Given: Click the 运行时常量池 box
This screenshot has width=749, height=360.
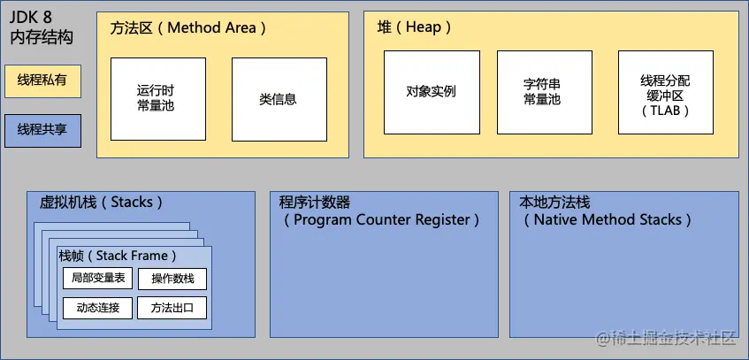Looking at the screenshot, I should [158, 98].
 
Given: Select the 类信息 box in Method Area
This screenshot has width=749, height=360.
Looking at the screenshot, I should [278, 98].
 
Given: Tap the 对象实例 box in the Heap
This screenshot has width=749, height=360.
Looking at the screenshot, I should [432, 92].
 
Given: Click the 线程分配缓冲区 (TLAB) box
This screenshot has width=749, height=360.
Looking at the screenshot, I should [665, 92].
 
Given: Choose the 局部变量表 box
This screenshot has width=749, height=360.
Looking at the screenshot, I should [98, 279].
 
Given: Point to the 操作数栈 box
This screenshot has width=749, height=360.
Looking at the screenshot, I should [172, 280].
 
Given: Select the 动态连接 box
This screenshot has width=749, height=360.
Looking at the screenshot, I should [98, 308].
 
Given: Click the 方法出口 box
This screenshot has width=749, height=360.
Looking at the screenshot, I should [172, 308].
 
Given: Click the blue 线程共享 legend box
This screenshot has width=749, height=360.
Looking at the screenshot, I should [42, 130].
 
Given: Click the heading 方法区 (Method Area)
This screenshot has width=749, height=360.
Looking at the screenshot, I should [188, 27].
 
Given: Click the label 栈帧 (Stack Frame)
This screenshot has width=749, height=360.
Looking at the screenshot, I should [118, 256].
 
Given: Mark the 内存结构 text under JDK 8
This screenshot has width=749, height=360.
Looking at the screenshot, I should [41, 37].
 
